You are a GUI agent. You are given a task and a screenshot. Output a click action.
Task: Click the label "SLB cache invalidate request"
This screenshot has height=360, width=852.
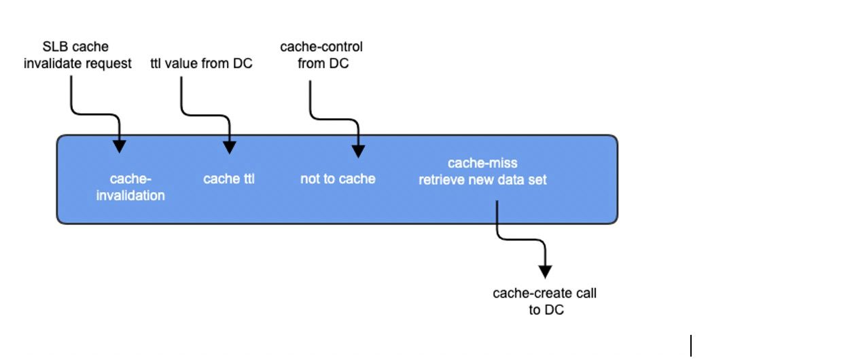coord(77,56)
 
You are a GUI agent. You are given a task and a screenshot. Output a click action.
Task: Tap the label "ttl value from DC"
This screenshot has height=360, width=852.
coord(201,65)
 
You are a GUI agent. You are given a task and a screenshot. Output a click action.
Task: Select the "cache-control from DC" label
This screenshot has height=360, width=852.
coord(321,56)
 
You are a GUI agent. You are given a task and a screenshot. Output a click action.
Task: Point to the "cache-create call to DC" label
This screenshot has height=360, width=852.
coord(544,302)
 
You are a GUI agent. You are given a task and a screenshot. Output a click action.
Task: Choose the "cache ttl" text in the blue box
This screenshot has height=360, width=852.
coord(229,179)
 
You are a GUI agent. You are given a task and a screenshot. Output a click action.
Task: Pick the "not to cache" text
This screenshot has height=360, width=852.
coord(338,179)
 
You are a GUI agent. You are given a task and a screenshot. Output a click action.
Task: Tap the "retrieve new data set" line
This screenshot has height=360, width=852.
coord(482,180)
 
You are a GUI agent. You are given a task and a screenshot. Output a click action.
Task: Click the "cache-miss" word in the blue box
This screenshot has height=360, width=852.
coord(482,164)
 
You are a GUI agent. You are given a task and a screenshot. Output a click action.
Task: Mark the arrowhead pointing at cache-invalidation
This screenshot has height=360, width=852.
coord(120,145)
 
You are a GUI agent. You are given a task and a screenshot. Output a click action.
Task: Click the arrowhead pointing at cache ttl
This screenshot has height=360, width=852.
coord(229,146)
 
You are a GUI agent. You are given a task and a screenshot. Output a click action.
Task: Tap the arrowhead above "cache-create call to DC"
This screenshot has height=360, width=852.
coord(544,270)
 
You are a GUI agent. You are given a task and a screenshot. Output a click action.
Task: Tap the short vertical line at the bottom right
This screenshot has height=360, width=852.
coord(691,346)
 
